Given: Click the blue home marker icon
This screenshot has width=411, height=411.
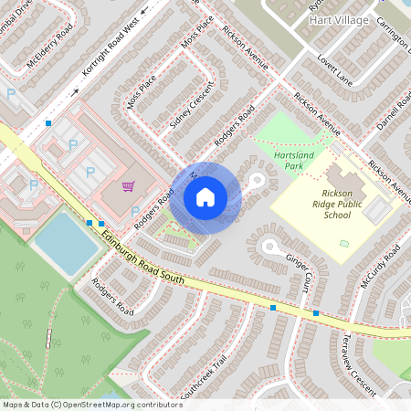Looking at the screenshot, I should click(205, 197).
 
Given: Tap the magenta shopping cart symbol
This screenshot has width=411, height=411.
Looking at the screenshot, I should click(130, 187).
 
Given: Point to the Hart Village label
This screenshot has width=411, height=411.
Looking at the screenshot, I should click(339, 19).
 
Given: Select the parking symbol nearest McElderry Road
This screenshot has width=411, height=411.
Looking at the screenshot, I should click(12, 93).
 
